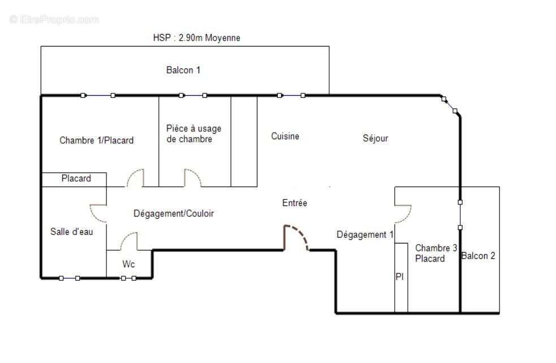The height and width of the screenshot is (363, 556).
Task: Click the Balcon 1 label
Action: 183,70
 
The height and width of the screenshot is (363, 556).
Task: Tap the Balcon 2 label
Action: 478,255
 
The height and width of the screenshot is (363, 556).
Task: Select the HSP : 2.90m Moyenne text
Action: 196,38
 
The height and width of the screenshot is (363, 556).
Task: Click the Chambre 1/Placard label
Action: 96,140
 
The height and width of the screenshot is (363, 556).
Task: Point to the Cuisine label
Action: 285,136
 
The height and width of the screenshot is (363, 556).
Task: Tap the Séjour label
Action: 375,138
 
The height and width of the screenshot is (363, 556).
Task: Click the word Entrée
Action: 294,202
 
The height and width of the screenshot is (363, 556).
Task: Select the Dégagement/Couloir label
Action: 174,213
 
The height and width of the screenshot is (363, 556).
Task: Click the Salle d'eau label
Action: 71,231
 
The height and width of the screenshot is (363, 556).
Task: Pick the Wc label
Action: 129,264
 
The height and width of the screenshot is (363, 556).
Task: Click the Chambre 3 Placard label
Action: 436,253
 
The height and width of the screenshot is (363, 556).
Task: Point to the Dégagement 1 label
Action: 365,234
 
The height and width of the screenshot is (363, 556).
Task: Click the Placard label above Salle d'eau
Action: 76,178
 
